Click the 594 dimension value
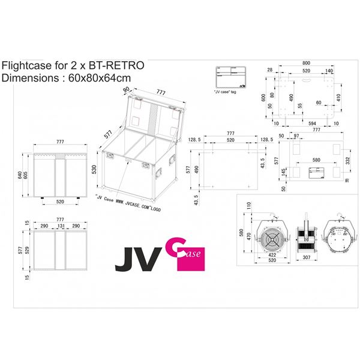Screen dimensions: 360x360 pos(311,123)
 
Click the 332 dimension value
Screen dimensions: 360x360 pos(349,160)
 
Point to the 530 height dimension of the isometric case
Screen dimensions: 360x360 pos(94,170)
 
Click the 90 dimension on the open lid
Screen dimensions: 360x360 pos(127,91)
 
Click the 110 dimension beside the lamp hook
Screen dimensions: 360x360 pos(248,205)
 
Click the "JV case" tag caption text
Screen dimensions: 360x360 pos(224,93)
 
